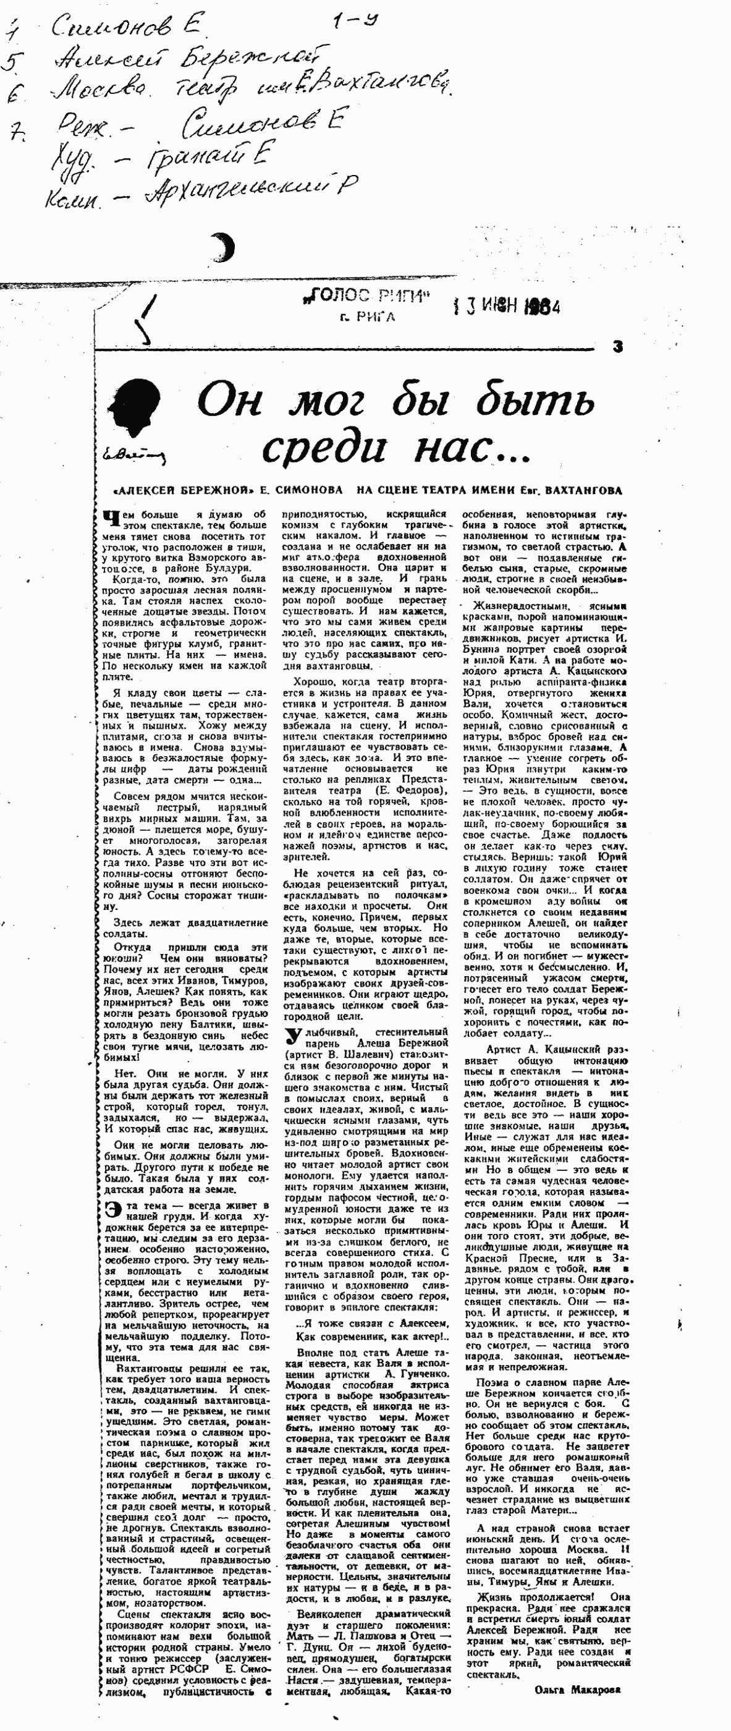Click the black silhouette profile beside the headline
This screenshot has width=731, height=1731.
[138, 408]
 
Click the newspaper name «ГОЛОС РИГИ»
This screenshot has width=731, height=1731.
[366, 296]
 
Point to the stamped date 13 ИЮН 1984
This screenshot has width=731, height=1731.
[507, 307]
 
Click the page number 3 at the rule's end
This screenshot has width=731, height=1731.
[617, 347]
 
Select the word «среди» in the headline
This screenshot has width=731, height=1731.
[323, 448]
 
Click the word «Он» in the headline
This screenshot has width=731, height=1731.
[229, 401]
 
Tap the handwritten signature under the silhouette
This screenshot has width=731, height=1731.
[133, 454]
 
